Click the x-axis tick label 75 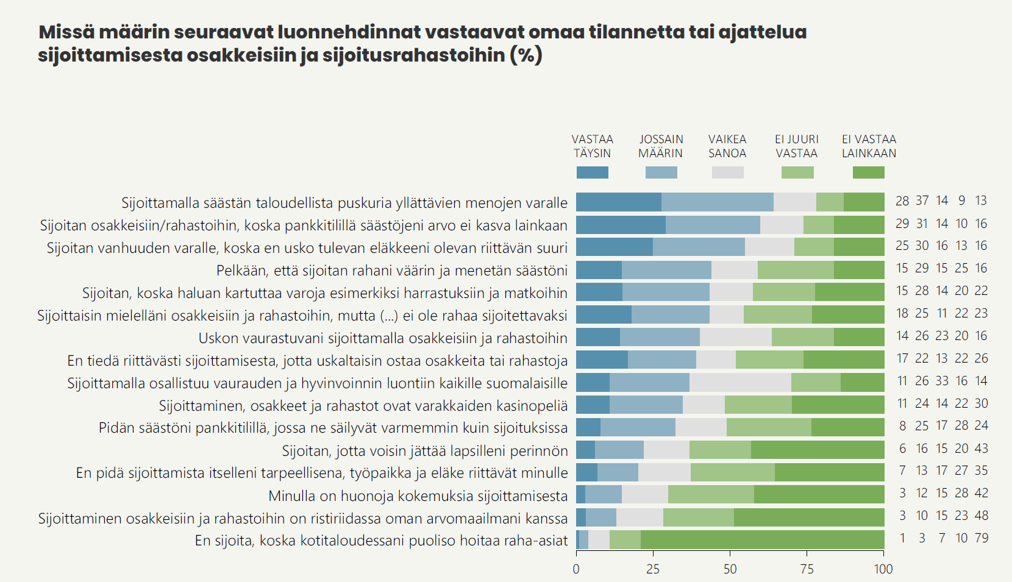[807, 569]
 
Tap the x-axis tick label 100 [883, 569]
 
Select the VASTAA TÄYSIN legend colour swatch [592, 172]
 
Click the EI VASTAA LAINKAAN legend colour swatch [868, 172]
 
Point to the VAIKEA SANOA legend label [727, 146]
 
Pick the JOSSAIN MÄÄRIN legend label [661, 146]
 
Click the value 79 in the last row [981, 538]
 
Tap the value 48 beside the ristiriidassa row [981, 516]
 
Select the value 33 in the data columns [942, 381]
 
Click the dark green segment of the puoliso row [762, 540]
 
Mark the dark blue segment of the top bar [618, 202]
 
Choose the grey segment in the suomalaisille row [740, 383]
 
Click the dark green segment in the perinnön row [818, 450]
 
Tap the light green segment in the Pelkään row [796, 270]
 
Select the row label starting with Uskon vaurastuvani [383, 338]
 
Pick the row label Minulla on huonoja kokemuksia [418, 496]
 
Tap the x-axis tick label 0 [576, 569]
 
